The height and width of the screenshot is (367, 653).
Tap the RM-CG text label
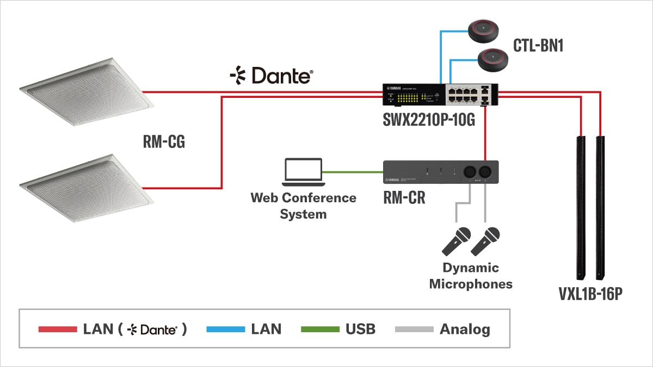coord(164,142)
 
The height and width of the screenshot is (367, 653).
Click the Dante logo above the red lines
coord(271,76)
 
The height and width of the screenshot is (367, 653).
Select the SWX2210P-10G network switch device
coord(441,95)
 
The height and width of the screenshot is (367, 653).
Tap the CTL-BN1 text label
coord(538,45)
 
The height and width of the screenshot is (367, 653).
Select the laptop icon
coord(303,172)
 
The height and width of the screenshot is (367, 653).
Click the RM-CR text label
coord(404,198)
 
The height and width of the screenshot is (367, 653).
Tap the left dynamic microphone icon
coord(456,242)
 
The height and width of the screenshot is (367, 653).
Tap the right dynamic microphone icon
coord(485,242)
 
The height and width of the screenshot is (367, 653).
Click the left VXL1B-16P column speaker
coord(581,207)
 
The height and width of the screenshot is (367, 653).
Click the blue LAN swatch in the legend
coord(225,329)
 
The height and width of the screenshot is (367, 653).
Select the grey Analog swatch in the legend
coord(414,329)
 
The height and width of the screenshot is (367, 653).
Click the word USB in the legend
coord(360,329)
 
